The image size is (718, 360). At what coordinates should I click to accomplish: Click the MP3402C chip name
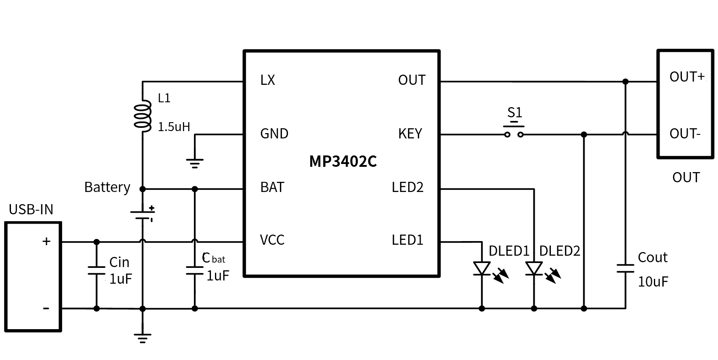point(343,162)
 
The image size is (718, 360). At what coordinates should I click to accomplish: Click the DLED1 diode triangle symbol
point(482,268)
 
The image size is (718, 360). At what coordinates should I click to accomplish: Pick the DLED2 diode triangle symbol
point(534,268)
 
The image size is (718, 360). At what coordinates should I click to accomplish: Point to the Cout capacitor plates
point(625,268)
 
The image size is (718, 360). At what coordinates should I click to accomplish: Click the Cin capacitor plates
point(97,270)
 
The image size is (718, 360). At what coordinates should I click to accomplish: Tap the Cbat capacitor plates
point(195,270)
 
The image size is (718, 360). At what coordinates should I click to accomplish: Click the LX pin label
point(267,80)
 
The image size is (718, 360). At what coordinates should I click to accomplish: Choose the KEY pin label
point(410,134)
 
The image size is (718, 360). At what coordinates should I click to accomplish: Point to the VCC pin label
point(272,240)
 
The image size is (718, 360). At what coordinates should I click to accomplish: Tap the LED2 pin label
point(407,187)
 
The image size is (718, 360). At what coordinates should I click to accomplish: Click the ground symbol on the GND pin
point(195,163)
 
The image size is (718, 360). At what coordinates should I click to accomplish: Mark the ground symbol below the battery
point(142,338)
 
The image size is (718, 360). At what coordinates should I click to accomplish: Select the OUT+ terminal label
point(687,77)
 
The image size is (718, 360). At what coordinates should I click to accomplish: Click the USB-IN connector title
point(31,209)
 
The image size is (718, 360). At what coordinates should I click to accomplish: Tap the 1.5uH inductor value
point(174,127)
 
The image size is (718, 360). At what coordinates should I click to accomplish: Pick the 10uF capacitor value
point(653,282)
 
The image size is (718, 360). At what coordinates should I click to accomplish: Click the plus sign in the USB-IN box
point(46,241)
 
